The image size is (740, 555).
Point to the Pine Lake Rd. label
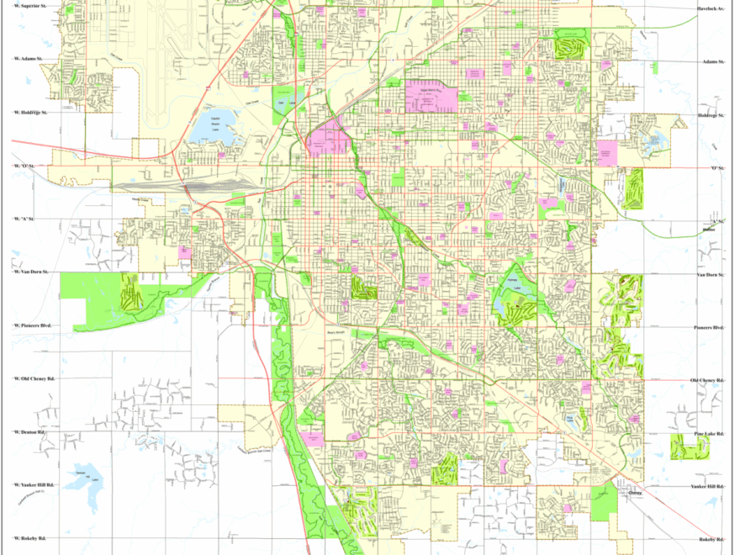pyautogui.click(x=708, y=433)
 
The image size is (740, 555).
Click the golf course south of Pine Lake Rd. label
pyautogui.click(x=690, y=447)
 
